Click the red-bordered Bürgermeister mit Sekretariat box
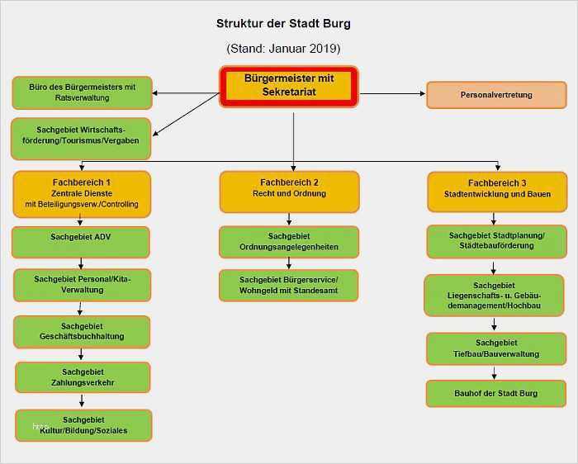point(289,86)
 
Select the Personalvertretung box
point(495,95)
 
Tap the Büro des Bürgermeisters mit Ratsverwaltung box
point(82,92)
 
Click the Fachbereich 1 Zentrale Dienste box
point(82,192)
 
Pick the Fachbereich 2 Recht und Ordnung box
point(289,192)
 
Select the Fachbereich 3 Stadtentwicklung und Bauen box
point(496,192)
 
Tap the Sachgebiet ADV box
point(81,242)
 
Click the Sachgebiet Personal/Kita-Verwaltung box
point(82,285)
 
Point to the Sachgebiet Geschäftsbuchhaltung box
point(82,332)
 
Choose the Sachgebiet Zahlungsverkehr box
point(83,377)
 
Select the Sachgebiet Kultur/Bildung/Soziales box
point(83,425)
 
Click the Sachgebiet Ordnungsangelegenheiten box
point(289,242)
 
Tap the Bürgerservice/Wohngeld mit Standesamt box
point(289,286)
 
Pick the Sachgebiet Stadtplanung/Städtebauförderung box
point(496,241)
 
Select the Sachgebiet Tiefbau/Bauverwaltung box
point(496,348)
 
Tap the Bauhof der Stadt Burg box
point(495,393)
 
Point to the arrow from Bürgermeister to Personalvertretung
point(391,93)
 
